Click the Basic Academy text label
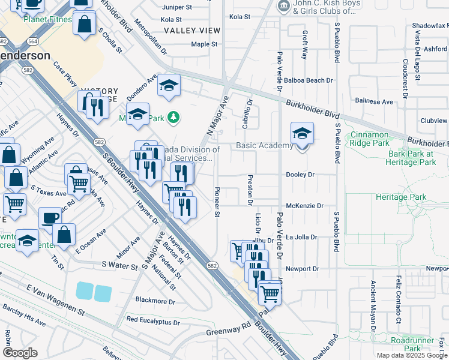coord(264,146)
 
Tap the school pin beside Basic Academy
coord(302,135)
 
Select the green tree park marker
coord(173,117)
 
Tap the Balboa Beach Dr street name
coord(309,80)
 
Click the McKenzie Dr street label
coord(304,206)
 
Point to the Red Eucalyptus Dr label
coord(153,322)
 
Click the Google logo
coord(20,353)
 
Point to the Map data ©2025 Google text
coord(411,355)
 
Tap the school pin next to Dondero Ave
coord(169,88)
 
